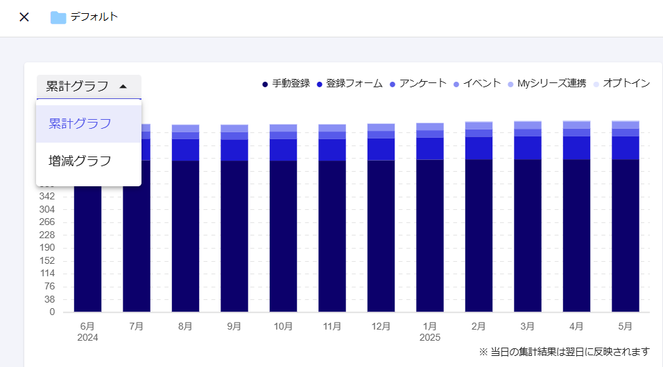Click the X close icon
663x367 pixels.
24,17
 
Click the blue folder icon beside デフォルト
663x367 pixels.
58,17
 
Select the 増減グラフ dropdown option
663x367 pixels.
80,161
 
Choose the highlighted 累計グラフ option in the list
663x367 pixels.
80,124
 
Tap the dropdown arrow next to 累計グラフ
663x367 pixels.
123,87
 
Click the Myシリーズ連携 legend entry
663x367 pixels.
546,84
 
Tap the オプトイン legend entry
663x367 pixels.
621,84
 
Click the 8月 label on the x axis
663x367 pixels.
185,326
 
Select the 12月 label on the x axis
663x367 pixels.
381,326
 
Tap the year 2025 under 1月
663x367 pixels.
429,338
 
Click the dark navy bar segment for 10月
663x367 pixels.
283,235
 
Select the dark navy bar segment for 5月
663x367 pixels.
625,235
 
